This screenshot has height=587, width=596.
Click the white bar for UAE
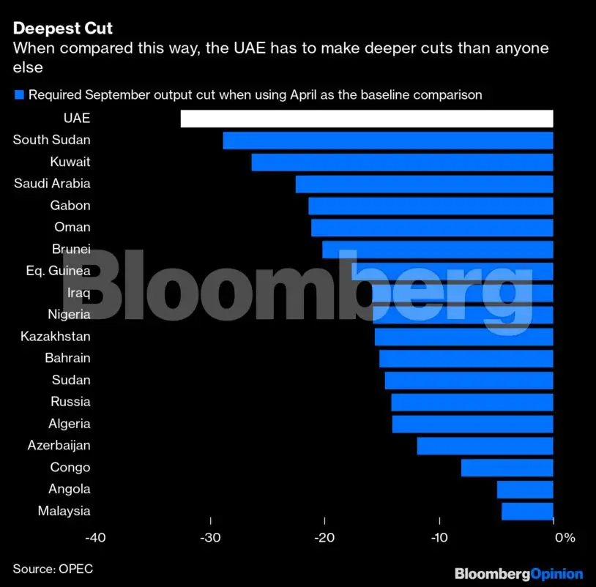point(366,119)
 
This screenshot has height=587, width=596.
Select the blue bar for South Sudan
point(387,141)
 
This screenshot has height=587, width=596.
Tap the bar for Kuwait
point(402,162)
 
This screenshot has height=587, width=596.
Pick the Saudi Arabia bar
point(424,184)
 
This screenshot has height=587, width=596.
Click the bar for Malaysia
point(527,511)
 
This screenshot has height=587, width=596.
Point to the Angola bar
point(525,489)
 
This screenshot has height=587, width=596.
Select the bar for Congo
point(507,468)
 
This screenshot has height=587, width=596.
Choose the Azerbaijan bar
point(485,446)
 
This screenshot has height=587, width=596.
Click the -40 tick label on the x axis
point(95,539)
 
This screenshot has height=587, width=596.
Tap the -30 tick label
point(210,539)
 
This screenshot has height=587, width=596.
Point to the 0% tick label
point(564,539)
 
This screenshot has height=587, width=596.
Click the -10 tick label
point(439,539)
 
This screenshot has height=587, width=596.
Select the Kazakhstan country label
point(56,337)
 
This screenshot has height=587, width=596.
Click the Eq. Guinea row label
point(58,271)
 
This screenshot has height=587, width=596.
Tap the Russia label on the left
point(70,402)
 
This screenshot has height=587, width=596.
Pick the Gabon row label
point(70,206)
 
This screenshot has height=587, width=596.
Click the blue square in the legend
point(19,94)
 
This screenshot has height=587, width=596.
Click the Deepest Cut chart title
point(62,29)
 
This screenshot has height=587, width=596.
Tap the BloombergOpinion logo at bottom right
point(518,574)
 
